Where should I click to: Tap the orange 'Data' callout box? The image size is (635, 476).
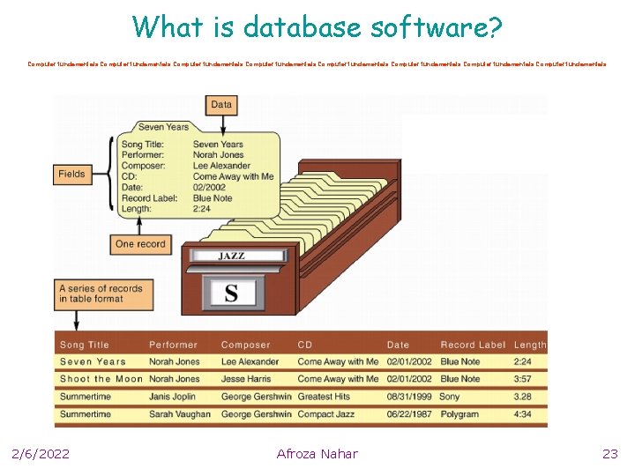[221, 105]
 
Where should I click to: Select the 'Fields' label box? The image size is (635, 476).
[71, 175]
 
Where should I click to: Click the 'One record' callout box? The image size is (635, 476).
[140, 244]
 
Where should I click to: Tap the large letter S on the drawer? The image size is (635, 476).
[231, 292]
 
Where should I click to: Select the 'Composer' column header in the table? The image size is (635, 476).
[246, 345]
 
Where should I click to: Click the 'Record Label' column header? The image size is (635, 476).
[473, 345]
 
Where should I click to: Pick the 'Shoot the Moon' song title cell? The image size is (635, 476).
[101, 379]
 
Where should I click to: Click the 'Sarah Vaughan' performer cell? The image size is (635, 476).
[180, 414]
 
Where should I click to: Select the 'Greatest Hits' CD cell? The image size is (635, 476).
[325, 397]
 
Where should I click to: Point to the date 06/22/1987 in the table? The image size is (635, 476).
[410, 414]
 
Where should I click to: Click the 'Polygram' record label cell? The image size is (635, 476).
[459, 414]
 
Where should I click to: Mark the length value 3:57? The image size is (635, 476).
[524, 379]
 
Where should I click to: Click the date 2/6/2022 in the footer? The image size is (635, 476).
[41, 454]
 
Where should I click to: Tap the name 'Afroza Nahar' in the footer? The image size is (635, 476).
[317, 454]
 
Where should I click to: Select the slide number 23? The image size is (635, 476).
[610, 454]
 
